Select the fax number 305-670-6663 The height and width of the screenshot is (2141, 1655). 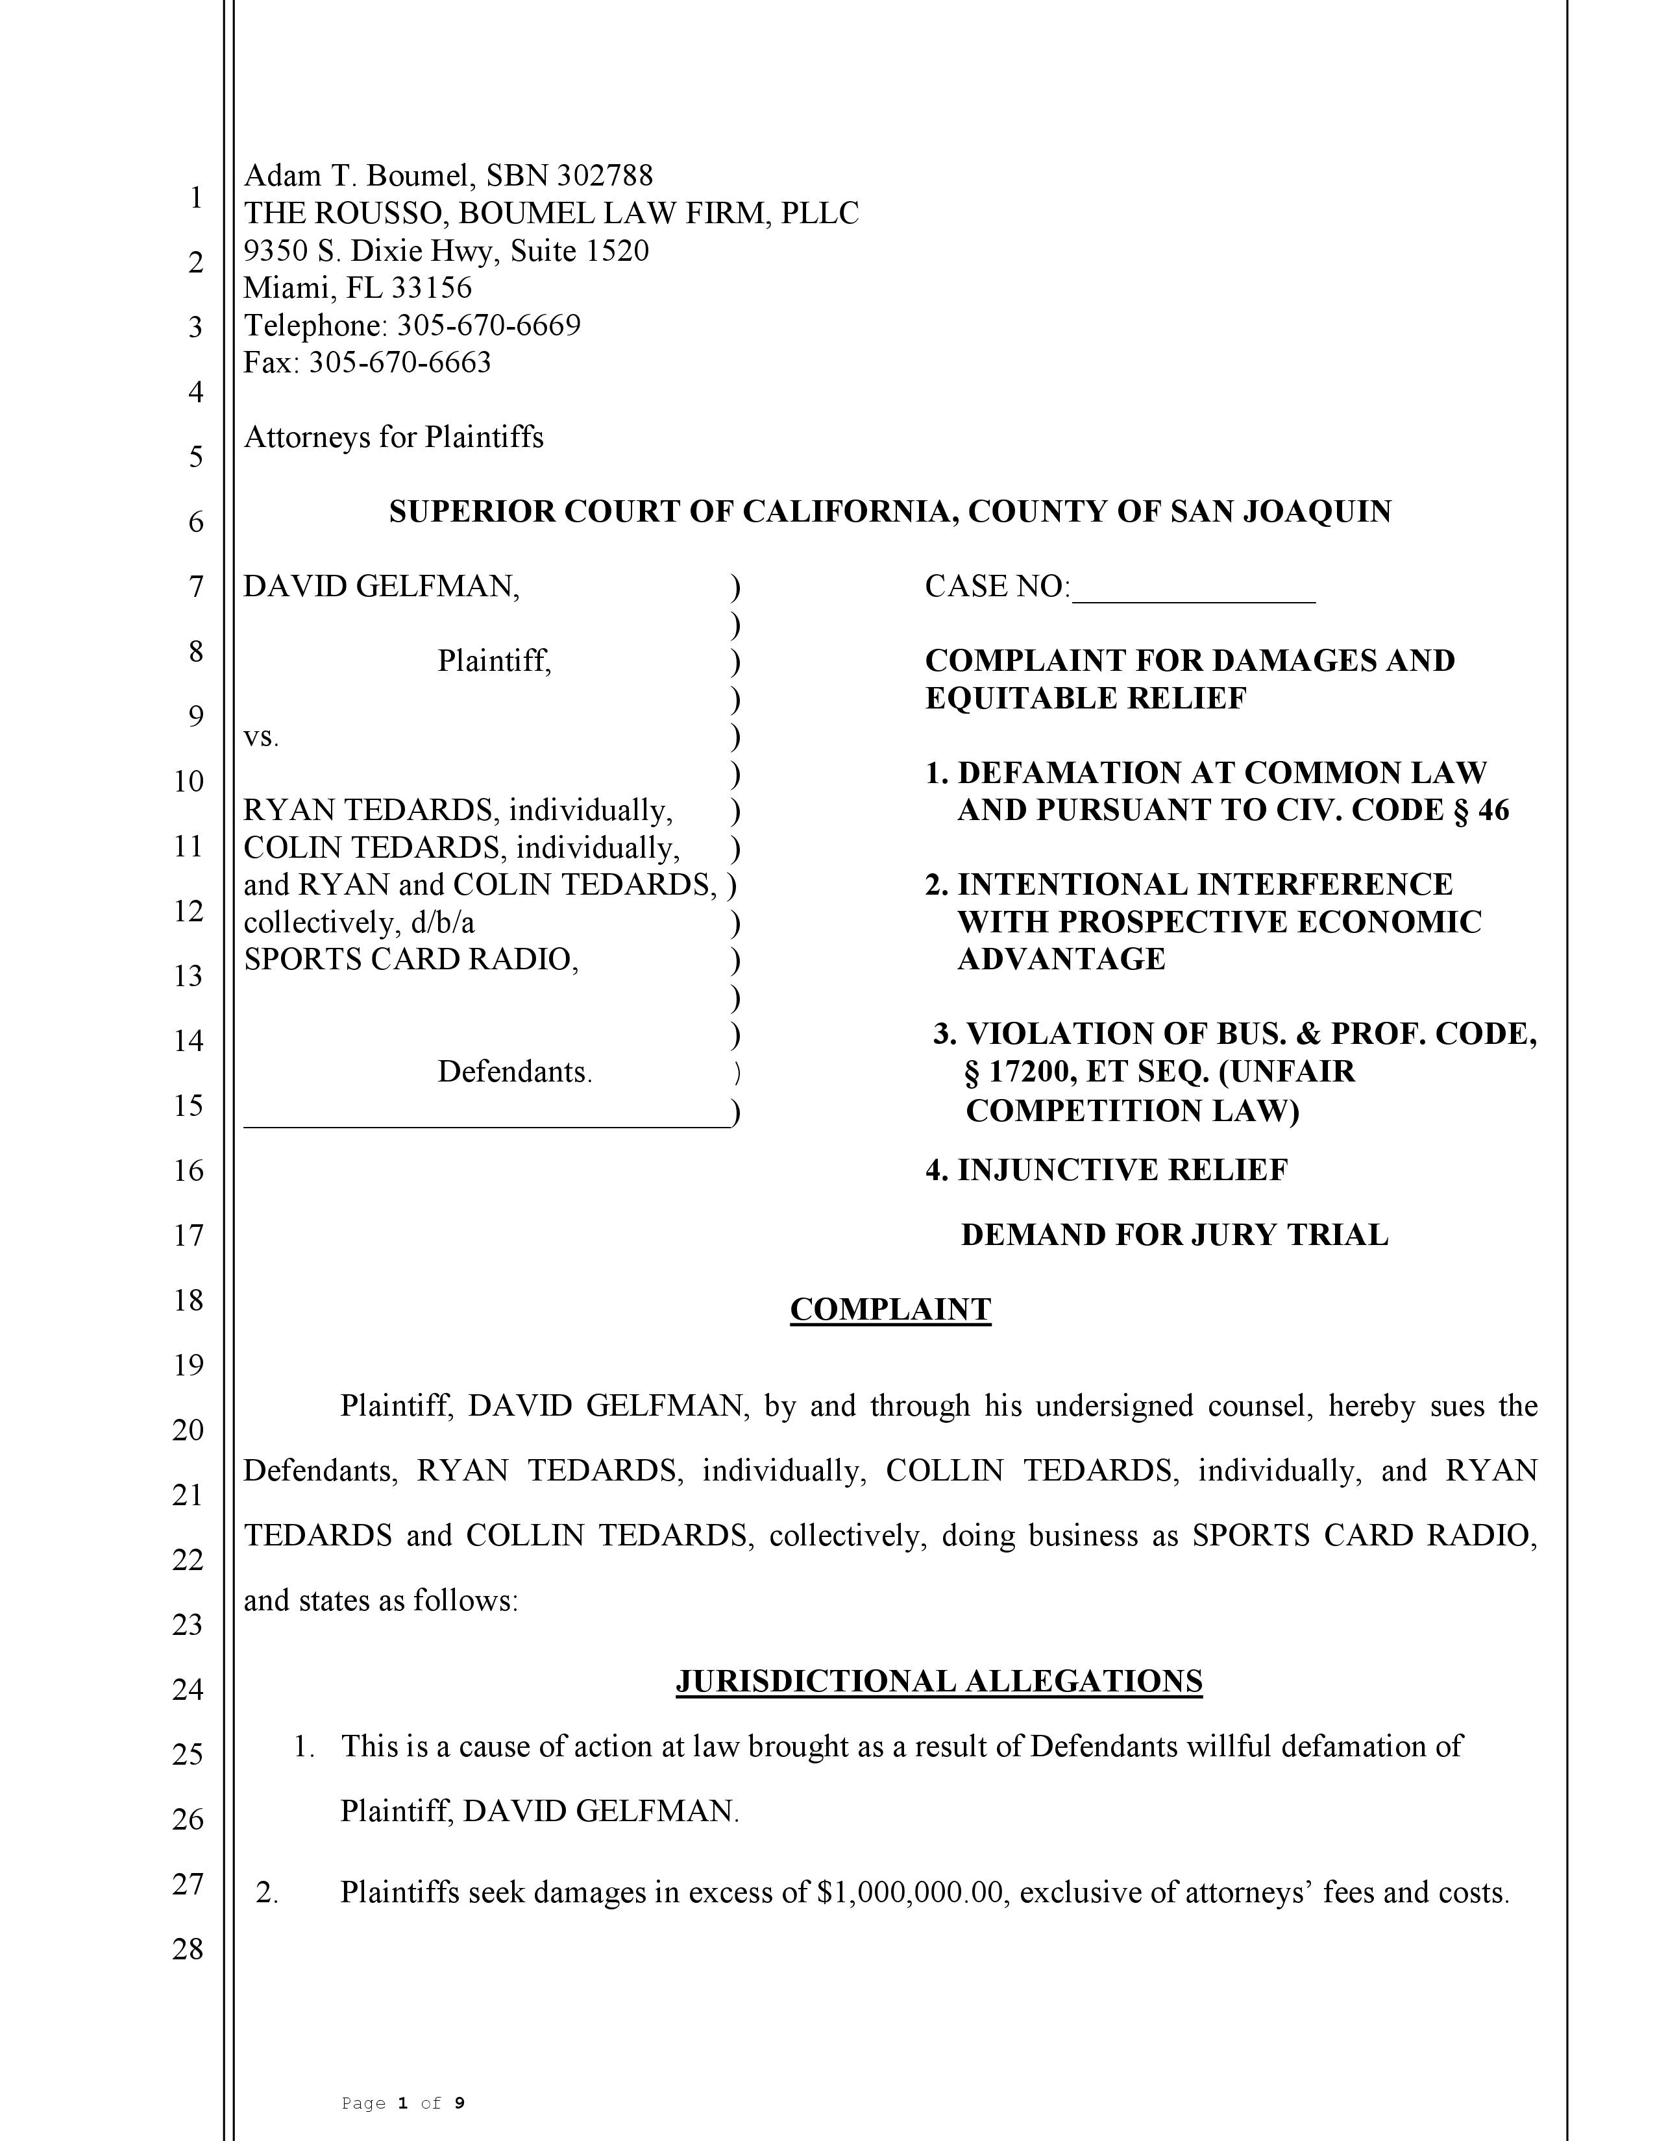[399, 363]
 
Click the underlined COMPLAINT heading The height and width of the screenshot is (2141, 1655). [890, 1310]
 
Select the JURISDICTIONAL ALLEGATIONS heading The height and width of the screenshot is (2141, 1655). [938, 1681]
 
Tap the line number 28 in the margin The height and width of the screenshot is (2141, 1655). [188, 1949]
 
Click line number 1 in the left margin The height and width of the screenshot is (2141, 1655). [196, 198]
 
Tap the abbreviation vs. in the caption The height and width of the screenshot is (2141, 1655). [261, 737]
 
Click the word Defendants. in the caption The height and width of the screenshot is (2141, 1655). [515, 1072]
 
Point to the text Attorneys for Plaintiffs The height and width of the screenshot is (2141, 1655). [393, 437]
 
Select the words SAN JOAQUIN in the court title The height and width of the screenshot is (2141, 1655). [1281, 512]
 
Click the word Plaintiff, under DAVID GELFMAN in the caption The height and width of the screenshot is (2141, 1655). [494, 662]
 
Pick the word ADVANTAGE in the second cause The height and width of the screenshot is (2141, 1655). [1061, 959]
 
